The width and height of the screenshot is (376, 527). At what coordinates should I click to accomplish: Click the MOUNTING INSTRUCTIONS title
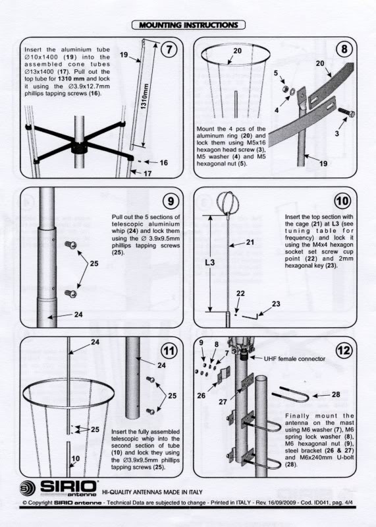[188, 25]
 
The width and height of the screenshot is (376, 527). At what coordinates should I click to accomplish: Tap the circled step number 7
[170, 49]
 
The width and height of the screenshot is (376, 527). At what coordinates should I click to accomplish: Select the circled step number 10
[342, 201]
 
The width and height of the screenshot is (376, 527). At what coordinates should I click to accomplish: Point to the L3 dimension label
[210, 261]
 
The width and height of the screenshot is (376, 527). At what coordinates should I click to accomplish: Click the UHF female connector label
[294, 359]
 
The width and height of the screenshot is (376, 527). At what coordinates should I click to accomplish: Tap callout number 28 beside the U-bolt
[336, 394]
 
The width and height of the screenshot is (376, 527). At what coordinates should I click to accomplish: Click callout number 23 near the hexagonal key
[276, 304]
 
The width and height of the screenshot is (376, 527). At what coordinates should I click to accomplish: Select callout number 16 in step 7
[164, 163]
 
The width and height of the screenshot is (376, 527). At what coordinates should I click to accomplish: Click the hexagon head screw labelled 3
[346, 112]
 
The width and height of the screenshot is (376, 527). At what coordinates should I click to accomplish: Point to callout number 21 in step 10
[250, 242]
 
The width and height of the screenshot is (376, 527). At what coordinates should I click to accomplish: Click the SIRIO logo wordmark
[68, 486]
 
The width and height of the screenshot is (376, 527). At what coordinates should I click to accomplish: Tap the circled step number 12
[344, 350]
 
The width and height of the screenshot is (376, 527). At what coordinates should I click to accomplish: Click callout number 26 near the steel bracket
[201, 396]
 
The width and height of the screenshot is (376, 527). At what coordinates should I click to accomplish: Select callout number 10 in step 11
[76, 458]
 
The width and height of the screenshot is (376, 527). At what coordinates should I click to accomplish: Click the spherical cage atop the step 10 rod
[227, 202]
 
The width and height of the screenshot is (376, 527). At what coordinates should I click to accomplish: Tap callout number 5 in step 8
[275, 73]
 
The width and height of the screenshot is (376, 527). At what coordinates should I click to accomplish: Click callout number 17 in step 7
[148, 173]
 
